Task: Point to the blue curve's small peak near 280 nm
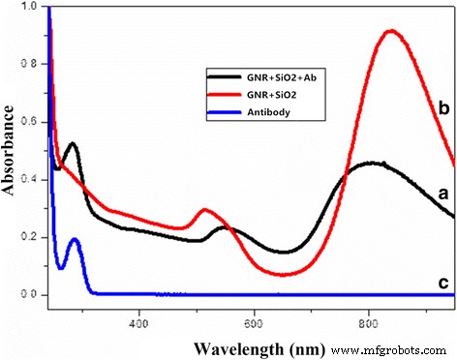[74, 239]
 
